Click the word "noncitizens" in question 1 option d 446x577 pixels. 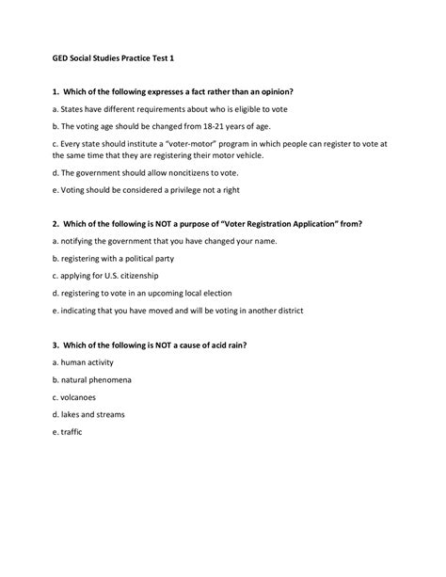(183, 172)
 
